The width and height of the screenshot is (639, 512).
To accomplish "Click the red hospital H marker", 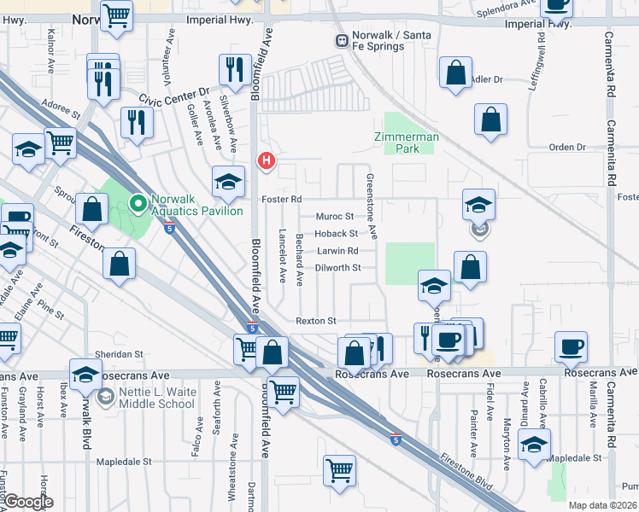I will [x=267, y=160].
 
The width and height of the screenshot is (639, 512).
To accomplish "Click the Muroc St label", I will [x=335, y=217].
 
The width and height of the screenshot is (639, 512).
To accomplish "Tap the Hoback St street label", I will [x=336, y=233].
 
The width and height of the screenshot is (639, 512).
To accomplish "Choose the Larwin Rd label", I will [x=337, y=251].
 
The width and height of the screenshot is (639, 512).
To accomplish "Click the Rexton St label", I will [x=316, y=321].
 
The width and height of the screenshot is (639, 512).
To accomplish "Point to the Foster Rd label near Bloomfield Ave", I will [x=283, y=199].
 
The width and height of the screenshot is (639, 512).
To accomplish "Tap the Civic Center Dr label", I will [x=174, y=96].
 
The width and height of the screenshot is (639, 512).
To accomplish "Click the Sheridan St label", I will [x=120, y=353].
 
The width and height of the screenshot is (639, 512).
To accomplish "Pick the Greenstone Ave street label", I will [x=372, y=207].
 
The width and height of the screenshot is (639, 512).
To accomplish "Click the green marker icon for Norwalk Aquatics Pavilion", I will [x=137, y=204].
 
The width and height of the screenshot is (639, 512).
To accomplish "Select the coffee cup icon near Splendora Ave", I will [x=557, y=6].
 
